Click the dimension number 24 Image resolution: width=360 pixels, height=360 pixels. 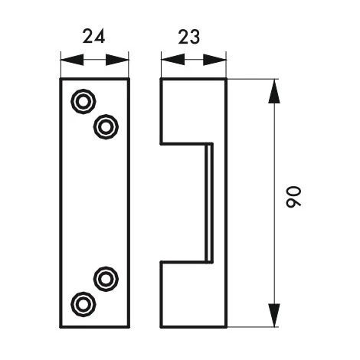(x=93, y=37)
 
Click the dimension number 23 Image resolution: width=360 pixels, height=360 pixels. (x=189, y=37)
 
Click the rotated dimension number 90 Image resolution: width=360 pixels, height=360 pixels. (x=293, y=197)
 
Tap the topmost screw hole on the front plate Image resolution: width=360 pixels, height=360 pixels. (x=83, y=101)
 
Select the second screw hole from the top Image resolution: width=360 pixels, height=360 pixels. (x=106, y=127)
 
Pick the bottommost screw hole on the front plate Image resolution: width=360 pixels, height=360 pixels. (x=83, y=304)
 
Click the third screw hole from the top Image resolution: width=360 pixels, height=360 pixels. (x=106, y=279)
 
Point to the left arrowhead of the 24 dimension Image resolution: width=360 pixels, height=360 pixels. (x=72, y=60)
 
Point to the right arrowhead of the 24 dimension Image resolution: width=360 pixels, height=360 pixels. (x=117, y=60)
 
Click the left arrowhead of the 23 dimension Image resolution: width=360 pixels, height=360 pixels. (x=173, y=60)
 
